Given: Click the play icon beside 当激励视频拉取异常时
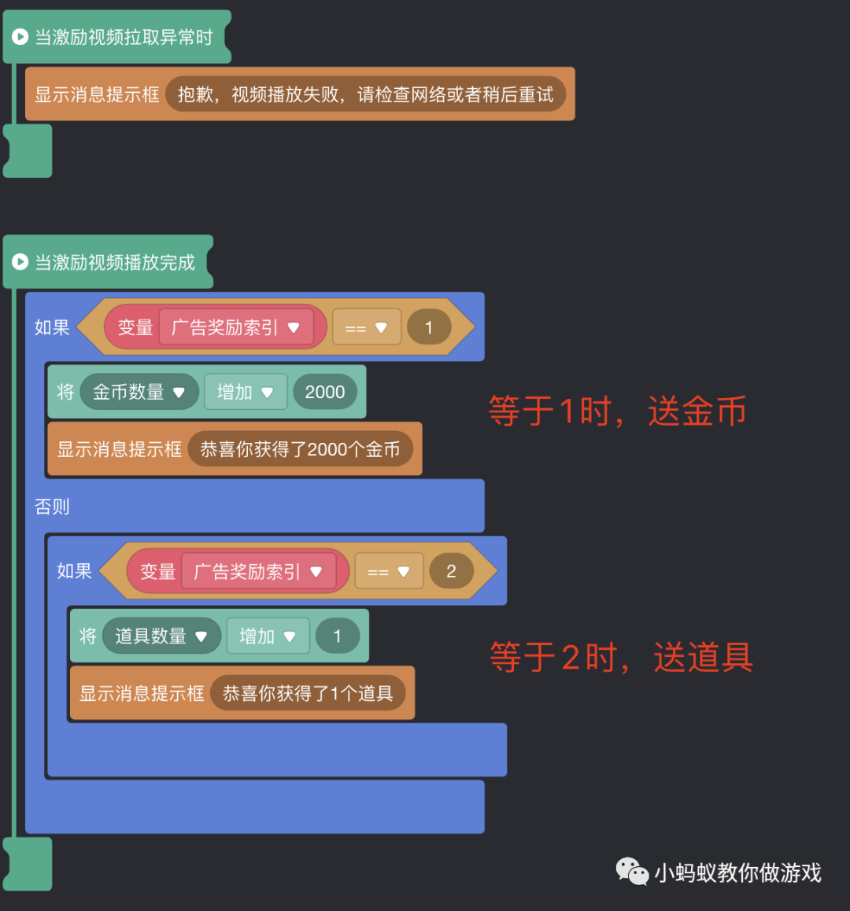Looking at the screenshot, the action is click(20, 37).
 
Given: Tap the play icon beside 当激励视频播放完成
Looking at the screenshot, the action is click(20, 262).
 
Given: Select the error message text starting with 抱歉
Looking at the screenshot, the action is click(365, 94).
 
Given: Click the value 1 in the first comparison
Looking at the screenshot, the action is click(429, 327).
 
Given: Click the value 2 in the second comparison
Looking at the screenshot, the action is click(451, 571).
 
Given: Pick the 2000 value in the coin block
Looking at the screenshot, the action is click(324, 392).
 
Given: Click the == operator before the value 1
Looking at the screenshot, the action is click(366, 327).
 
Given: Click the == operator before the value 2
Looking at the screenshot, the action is click(388, 571).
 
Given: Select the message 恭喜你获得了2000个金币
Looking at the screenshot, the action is click(300, 449).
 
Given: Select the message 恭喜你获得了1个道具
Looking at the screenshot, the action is click(308, 693).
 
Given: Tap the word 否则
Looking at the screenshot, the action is click(52, 507).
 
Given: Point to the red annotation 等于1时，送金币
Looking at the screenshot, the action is click(617, 411).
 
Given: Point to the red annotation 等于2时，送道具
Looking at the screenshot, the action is click(621, 657).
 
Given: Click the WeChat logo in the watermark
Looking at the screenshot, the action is click(632, 872).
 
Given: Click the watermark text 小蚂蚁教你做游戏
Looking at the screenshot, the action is click(737, 872).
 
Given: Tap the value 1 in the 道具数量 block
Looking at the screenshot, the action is click(337, 636).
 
